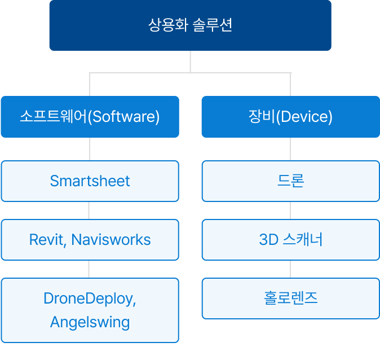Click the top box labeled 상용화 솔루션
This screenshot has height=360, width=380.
pyautogui.click(x=190, y=25)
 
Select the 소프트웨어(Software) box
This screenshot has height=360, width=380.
pyautogui.click(x=90, y=117)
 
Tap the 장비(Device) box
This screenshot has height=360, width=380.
pyautogui.click(x=290, y=117)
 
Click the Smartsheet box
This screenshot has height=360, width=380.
pyautogui.click(x=90, y=181)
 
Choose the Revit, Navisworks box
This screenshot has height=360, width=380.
pyautogui.click(x=90, y=240)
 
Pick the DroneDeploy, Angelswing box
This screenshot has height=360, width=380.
pyautogui.click(x=90, y=310)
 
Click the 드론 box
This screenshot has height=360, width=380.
pyautogui.click(x=290, y=181)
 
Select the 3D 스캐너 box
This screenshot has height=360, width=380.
pyautogui.click(x=290, y=240)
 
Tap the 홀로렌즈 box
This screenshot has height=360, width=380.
pyautogui.click(x=290, y=298)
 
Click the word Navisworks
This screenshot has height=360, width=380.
pyautogui.click(x=111, y=240)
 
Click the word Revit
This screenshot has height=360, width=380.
pyautogui.click(x=47, y=240)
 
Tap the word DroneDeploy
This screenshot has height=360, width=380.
pyautogui.click(x=89, y=298)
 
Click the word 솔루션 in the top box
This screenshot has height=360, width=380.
pyautogui.click(x=213, y=25)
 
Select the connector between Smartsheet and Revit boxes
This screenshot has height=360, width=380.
pyautogui.click(x=89, y=210)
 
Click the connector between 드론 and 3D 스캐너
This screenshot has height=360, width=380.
pyautogui.click(x=290, y=210)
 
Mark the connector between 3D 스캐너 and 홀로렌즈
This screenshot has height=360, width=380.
pyautogui.click(x=290, y=269)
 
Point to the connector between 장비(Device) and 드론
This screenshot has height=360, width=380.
pyautogui.click(x=290, y=149)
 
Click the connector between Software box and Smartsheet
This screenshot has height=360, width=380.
pyautogui.click(x=90, y=149)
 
